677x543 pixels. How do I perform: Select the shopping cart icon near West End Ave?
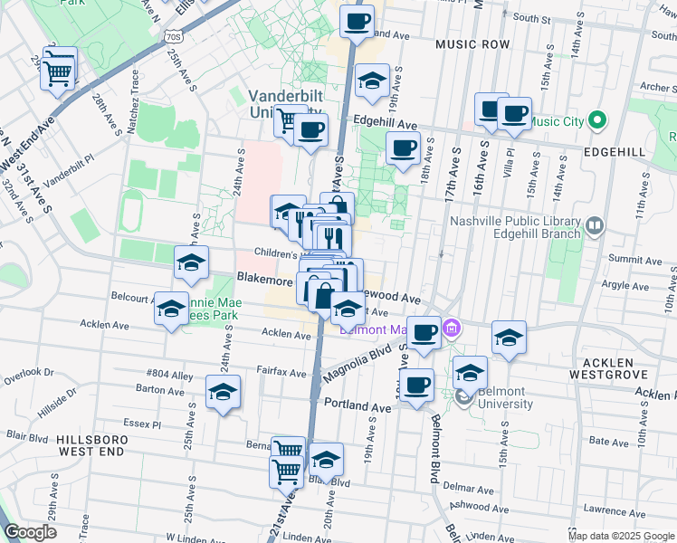click(x=58, y=72)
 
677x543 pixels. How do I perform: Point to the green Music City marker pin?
click(x=596, y=120)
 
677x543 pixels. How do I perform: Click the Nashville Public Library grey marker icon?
click(x=595, y=225)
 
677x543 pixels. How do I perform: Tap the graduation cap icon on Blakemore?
click(x=191, y=263)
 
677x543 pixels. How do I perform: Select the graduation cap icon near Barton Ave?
click(x=223, y=393)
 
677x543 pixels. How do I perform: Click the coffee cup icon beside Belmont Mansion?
click(x=423, y=333)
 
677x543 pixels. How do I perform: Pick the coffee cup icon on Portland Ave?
click(x=416, y=386)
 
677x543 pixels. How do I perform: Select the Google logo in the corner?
click(x=31, y=531)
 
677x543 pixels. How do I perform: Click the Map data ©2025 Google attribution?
click(x=621, y=536)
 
